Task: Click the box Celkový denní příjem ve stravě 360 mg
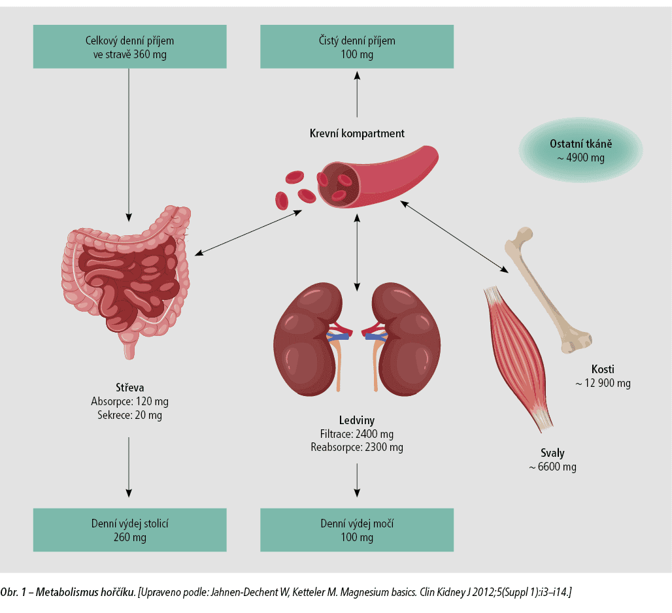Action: [130, 46]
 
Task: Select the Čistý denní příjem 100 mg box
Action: [357, 46]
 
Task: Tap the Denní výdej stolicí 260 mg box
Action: [130, 530]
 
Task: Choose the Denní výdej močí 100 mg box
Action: [357, 530]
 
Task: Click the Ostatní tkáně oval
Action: [580, 150]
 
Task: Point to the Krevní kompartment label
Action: [357, 134]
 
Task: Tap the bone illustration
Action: [548, 290]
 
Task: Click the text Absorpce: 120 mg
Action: [130, 402]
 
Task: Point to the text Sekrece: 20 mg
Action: [130, 415]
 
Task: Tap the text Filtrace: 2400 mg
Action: [357, 434]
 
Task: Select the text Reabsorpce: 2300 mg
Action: [357, 447]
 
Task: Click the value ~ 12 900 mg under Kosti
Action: [603, 383]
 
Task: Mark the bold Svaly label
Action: [552, 453]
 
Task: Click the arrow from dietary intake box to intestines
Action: [129, 145]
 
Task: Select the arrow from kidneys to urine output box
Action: [357, 480]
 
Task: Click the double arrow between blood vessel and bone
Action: [455, 237]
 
